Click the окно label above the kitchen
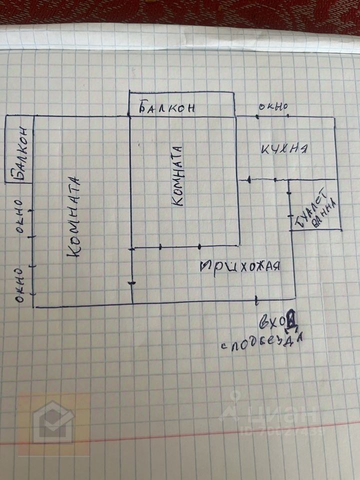[273, 106]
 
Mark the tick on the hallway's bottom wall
[256, 300]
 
